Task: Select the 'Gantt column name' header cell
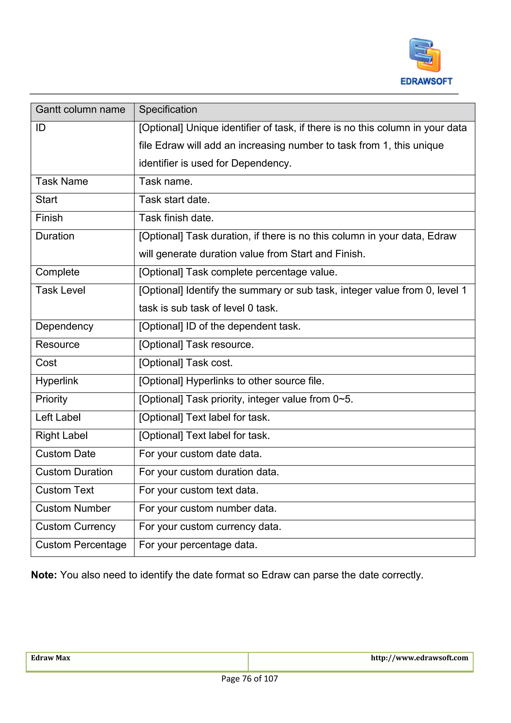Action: click(x=80, y=110)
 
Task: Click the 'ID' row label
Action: click(x=41, y=128)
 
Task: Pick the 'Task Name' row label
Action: click(x=62, y=182)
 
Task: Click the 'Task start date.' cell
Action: click(x=174, y=200)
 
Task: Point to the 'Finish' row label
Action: click(x=49, y=218)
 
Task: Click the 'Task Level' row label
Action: click(x=60, y=290)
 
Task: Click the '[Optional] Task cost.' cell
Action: click(x=186, y=363)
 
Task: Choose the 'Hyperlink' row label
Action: click(x=57, y=381)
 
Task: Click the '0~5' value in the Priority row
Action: click(x=342, y=399)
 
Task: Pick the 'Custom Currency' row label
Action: click(x=76, y=527)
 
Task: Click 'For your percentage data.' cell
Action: click(x=198, y=545)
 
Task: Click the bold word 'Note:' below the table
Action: click(x=44, y=575)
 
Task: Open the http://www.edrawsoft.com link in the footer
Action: click(x=419, y=658)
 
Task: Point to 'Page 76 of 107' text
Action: click(x=250, y=679)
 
